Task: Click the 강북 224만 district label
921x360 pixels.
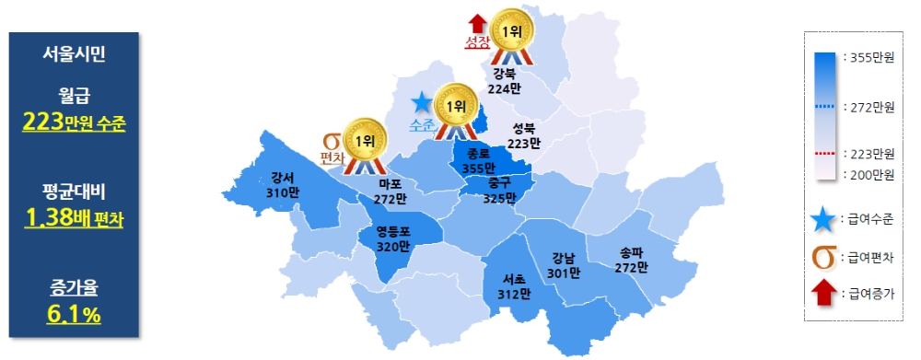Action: (x=505, y=81)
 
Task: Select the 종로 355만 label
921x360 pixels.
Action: (x=478, y=161)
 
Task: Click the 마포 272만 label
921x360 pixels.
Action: (x=391, y=191)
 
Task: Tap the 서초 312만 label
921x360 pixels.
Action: (x=517, y=286)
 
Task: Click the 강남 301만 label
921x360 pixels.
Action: (x=563, y=264)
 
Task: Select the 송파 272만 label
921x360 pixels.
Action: (x=631, y=259)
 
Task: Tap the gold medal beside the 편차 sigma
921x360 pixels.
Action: (x=366, y=141)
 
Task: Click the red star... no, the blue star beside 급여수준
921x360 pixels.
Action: (x=825, y=218)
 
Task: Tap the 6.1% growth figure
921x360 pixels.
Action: (x=74, y=315)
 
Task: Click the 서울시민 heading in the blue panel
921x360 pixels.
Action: (x=74, y=54)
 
